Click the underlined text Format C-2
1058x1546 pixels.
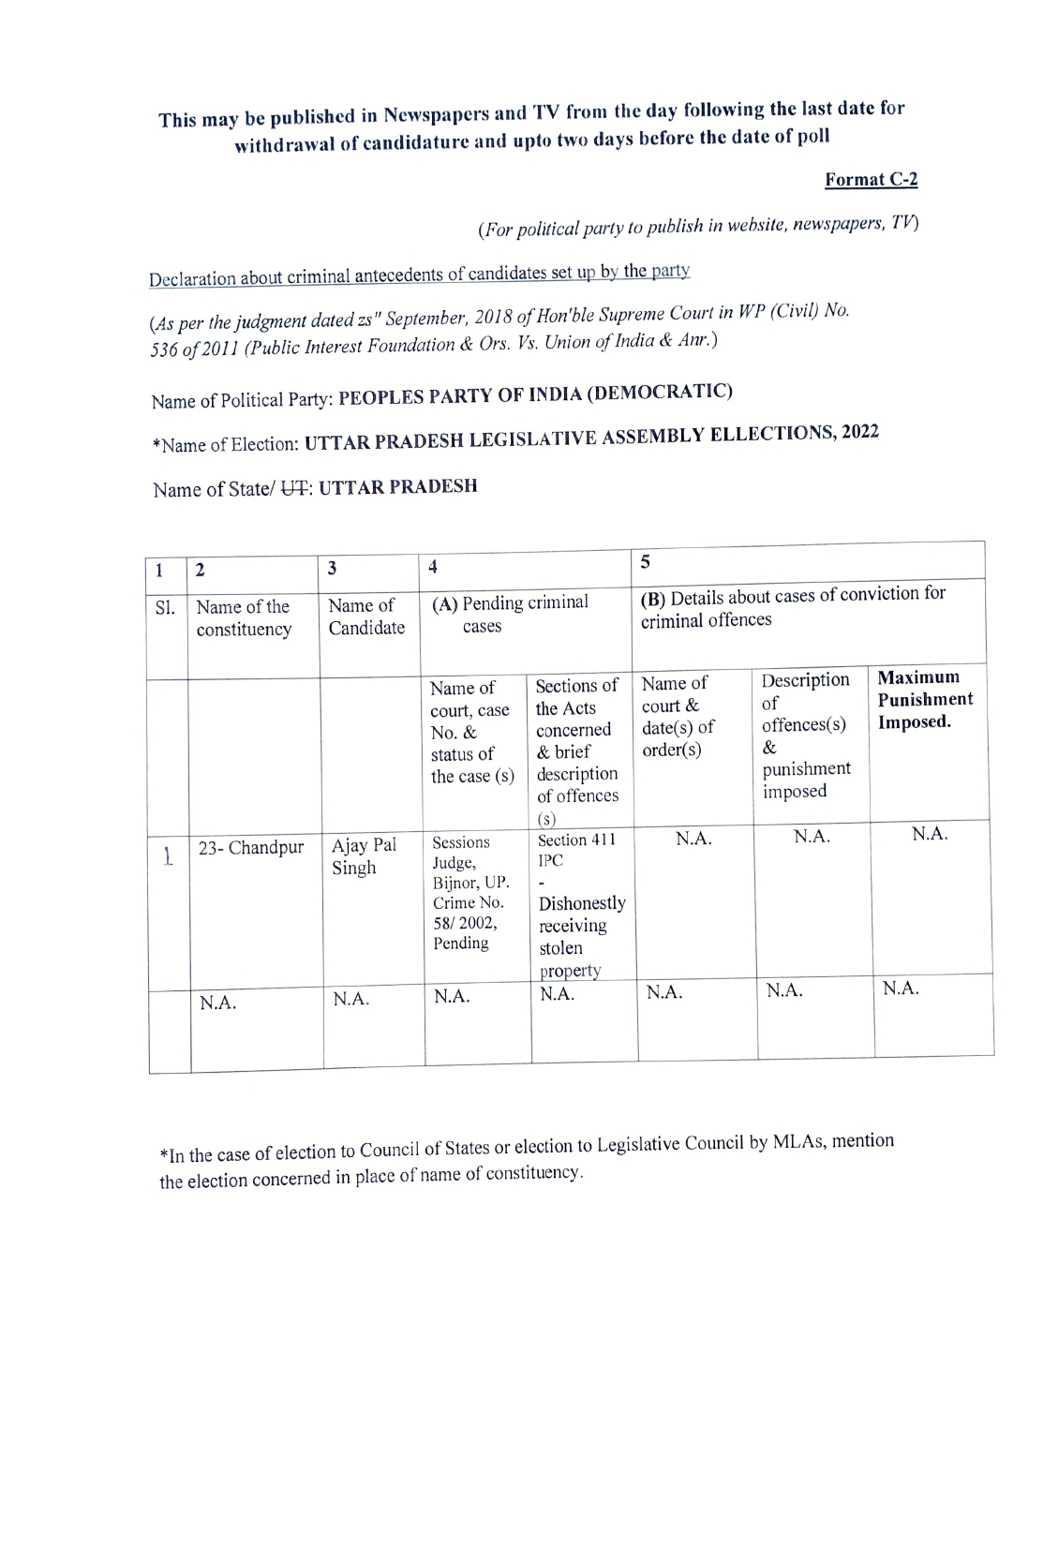(x=871, y=180)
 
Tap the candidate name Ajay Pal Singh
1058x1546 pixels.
(x=364, y=856)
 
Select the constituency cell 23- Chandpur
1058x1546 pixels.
(x=251, y=848)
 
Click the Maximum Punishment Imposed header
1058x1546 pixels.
(x=925, y=700)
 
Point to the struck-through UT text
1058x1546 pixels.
(x=291, y=488)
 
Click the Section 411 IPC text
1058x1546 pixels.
(x=575, y=850)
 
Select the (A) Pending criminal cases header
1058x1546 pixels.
(x=511, y=614)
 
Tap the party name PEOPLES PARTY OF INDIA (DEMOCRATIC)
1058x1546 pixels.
(x=535, y=394)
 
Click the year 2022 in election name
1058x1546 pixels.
(x=859, y=432)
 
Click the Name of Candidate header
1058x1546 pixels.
(x=366, y=617)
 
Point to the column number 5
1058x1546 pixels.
(x=646, y=561)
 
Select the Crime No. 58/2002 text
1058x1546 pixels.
(x=468, y=913)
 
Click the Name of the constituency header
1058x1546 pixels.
(x=244, y=617)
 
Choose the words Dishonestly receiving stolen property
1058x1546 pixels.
(x=581, y=936)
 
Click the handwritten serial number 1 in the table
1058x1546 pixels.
(x=168, y=855)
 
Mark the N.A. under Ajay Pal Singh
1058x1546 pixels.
(x=351, y=999)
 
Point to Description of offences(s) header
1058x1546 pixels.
(x=805, y=736)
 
